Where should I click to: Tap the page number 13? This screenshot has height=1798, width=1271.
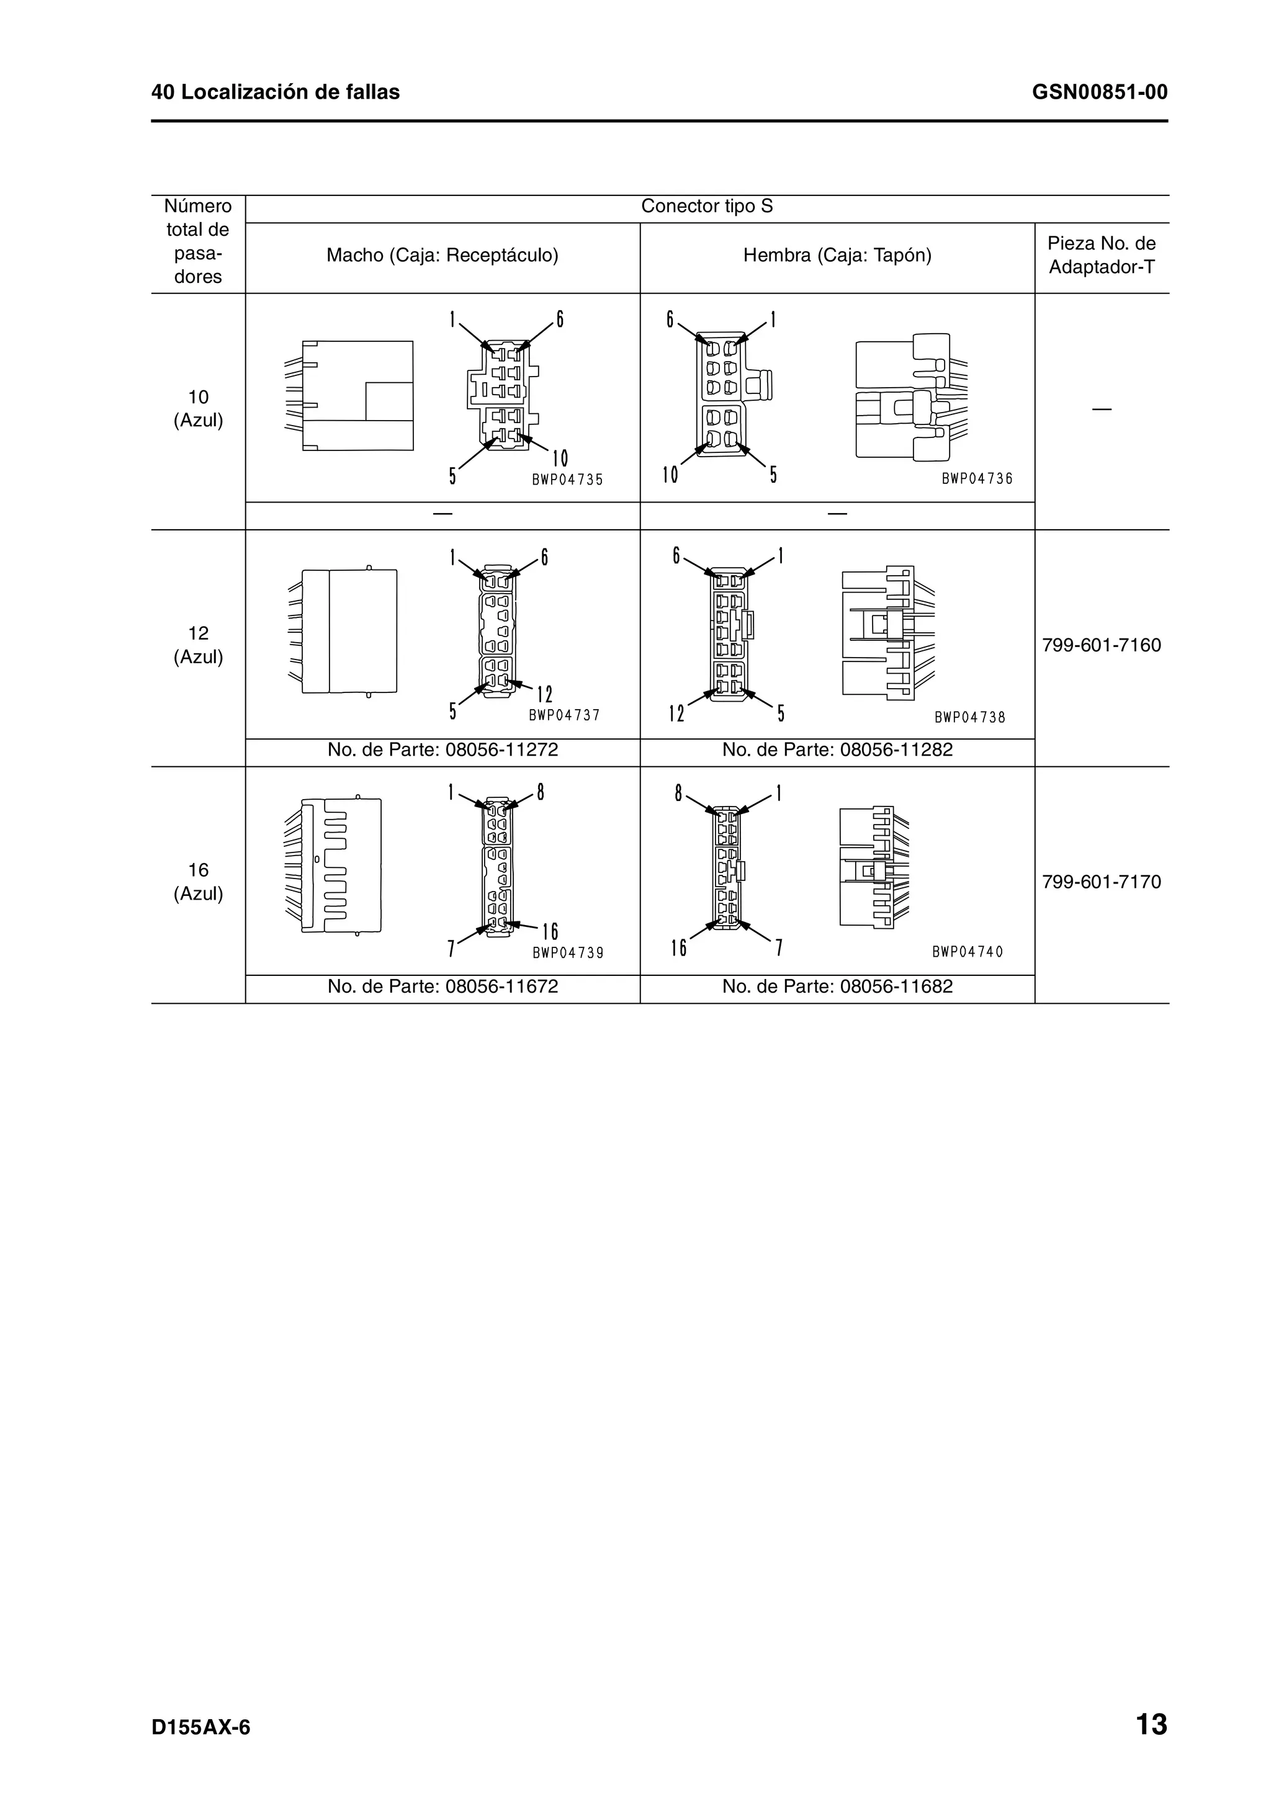(1151, 1724)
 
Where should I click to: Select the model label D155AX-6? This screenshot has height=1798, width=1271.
(201, 1727)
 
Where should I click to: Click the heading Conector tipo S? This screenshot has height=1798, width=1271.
(706, 206)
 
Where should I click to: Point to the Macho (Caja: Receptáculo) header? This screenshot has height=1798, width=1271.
(442, 255)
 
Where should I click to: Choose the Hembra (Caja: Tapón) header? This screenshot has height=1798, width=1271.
(837, 255)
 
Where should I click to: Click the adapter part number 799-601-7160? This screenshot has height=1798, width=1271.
(1101, 645)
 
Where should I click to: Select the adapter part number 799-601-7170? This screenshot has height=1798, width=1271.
(1101, 882)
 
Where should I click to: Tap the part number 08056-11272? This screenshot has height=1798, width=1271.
(501, 749)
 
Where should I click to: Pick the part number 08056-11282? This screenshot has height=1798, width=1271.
(896, 749)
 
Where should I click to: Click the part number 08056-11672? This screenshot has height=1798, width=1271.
(501, 986)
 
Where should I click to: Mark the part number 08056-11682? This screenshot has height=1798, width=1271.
(896, 986)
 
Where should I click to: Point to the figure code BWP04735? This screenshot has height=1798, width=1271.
(568, 480)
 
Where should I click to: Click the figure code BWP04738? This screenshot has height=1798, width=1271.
(969, 717)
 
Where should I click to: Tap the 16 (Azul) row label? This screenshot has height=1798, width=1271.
(198, 881)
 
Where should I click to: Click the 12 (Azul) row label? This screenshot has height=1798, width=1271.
(198, 645)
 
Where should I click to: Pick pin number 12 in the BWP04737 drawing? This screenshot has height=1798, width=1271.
(545, 694)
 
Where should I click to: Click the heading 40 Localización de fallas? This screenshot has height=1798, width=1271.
(276, 92)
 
